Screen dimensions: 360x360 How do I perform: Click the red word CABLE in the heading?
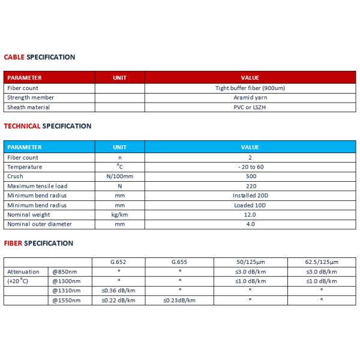(14, 57)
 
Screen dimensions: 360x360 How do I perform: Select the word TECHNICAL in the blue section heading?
(22, 126)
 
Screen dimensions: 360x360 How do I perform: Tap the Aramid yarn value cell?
(250, 97)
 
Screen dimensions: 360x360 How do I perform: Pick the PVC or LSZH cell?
(250, 107)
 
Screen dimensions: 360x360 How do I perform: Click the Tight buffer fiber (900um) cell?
(250, 88)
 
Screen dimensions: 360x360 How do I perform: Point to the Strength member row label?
(31, 97)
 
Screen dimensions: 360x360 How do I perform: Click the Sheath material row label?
(28, 107)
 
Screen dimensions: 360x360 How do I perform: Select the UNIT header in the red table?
(119, 77)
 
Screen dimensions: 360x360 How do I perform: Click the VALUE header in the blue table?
(250, 147)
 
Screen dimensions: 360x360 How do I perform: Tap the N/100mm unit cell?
(119, 176)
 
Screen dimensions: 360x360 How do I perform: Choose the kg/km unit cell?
(119, 215)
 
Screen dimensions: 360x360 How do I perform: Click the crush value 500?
(250, 176)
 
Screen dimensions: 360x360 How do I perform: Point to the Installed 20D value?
(250, 196)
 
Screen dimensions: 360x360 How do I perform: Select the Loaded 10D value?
(250, 205)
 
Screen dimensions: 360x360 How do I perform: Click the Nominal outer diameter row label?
(39, 224)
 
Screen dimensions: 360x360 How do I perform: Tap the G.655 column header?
(179, 262)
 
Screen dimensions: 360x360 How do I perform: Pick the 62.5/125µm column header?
(321, 262)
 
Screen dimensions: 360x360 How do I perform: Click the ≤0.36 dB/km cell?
(119, 291)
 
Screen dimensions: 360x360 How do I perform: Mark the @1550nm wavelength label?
(66, 300)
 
